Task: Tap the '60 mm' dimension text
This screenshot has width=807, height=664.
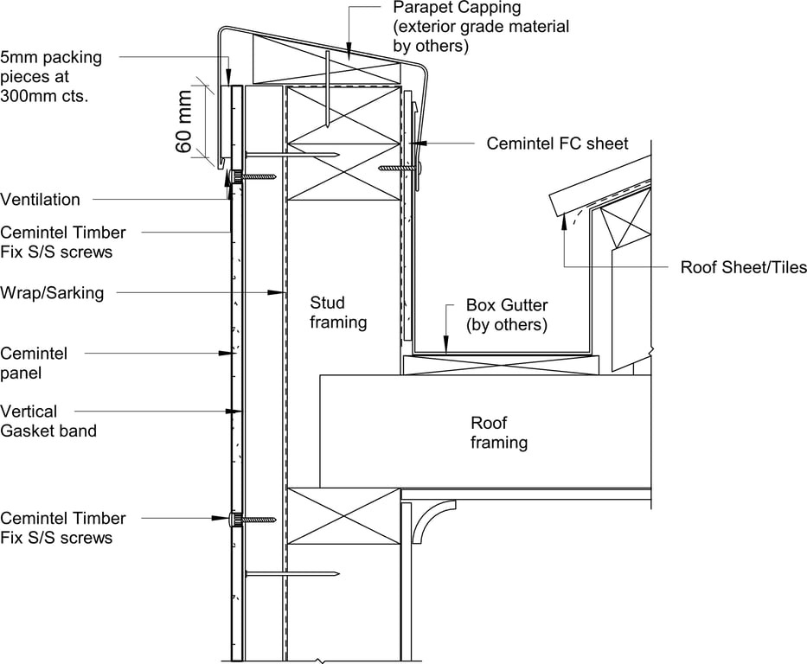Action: [185, 120]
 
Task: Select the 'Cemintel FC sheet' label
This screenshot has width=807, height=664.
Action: [557, 144]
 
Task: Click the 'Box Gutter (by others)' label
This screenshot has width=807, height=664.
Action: [507, 315]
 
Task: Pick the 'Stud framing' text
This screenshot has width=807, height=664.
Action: [338, 312]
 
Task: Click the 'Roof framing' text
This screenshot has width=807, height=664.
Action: [499, 432]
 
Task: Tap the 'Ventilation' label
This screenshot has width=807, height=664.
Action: [40, 200]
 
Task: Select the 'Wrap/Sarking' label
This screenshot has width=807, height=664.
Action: [52, 293]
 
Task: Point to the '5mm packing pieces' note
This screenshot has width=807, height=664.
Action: [51, 77]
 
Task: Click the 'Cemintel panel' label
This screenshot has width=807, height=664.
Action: [34, 363]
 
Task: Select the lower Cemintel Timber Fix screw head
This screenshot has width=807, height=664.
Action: [234, 519]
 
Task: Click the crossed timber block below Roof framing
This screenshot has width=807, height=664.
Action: [343, 516]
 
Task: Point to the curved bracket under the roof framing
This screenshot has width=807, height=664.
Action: [432, 518]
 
